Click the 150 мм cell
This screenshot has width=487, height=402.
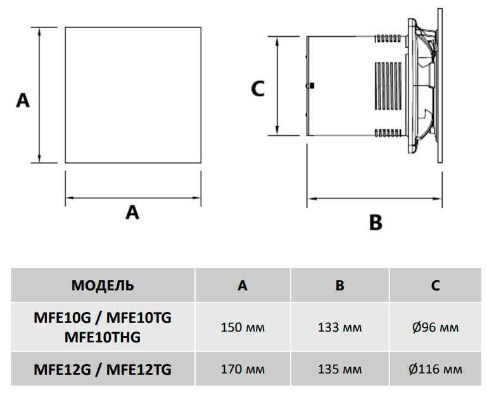pos(243,328)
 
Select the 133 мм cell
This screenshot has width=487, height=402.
pos(340,328)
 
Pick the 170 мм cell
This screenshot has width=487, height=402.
pos(243,368)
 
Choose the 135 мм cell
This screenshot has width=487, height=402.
pos(340,368)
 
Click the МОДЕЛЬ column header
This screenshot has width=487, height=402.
pos(103,285)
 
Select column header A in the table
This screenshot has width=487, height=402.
pos(243,285)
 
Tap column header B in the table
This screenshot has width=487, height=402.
pos(340,285)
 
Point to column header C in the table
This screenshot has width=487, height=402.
pos(436,285)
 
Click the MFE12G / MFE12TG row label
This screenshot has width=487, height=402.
pos(103,368)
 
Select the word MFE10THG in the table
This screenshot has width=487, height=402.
pos(103,337)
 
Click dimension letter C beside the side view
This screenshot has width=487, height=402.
pos(257,89)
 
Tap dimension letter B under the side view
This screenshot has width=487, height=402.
pos(376,223)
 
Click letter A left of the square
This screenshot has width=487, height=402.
pos(23,100)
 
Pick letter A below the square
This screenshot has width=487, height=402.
pos(132,212)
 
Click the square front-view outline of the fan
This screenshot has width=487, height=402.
pos(133,94)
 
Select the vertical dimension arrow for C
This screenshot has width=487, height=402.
pos(278,86)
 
